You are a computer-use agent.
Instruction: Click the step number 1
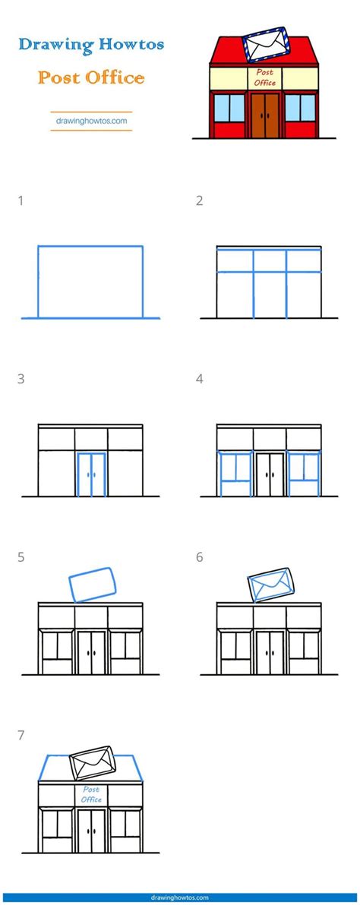(x=21, y=201)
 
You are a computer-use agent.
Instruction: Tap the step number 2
(x=200, y=201)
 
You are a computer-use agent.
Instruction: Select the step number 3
(x=21, y=379)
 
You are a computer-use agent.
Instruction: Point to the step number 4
(x=200, y=379)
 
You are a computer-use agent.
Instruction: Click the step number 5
(x=21, y=557)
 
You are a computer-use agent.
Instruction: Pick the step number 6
(x=200, y=557)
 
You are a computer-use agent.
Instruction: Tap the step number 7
(x=21, y=736)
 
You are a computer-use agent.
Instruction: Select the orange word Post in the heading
(x=60, y=77)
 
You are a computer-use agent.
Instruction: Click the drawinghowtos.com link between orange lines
(x=91, y=121)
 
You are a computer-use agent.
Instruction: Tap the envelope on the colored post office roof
(x=265, y=44)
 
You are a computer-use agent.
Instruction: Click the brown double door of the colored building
(x=265, y=115)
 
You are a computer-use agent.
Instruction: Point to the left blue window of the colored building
(x=229, y=108)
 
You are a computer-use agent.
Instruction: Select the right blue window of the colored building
(x=301, y=108)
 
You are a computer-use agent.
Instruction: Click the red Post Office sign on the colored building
(x=265, y=78)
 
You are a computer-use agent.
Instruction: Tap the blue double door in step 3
(x=91, y=475)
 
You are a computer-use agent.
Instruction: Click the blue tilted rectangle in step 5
(x=93, y=585)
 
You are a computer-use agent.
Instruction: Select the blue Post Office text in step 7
(x=91, y=795)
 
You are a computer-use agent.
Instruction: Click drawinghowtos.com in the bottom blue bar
(x=179, y=898)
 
